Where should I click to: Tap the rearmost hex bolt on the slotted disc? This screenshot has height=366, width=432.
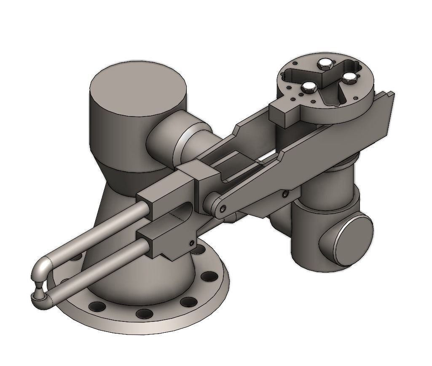(325, 63)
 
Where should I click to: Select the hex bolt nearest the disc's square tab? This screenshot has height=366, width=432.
(309, 87)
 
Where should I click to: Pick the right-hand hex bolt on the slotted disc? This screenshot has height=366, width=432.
(349, 77)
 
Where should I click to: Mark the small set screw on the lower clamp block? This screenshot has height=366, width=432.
(192, 243)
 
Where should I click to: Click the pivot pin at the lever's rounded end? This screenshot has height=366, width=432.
(221, 209)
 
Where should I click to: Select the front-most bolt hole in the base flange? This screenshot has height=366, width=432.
(144, 313)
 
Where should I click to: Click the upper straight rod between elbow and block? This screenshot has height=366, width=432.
(97, 233)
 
